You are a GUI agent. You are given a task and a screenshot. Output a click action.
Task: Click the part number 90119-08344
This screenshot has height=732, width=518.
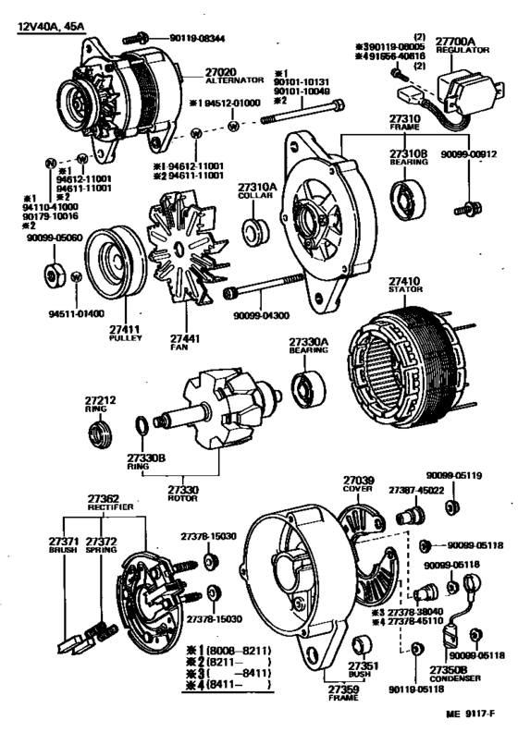tap(194, 38)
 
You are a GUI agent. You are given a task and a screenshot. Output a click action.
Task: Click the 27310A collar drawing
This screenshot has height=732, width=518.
tap(253, 227)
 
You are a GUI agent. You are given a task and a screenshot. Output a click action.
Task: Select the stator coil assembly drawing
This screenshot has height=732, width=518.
tap(402, 355)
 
